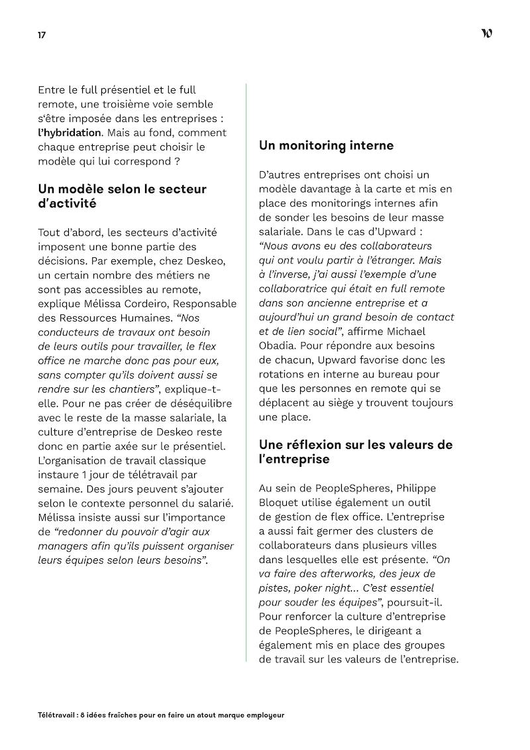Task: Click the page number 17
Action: (42, 34)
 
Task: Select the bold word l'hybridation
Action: (70, 132)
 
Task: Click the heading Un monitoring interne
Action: (326, 145)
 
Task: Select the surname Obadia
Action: (279, 345)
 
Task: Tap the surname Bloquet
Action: (278, 502)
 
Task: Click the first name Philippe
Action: (415, 488)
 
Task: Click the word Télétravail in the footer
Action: (56, 716)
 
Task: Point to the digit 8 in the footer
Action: (80, 716)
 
